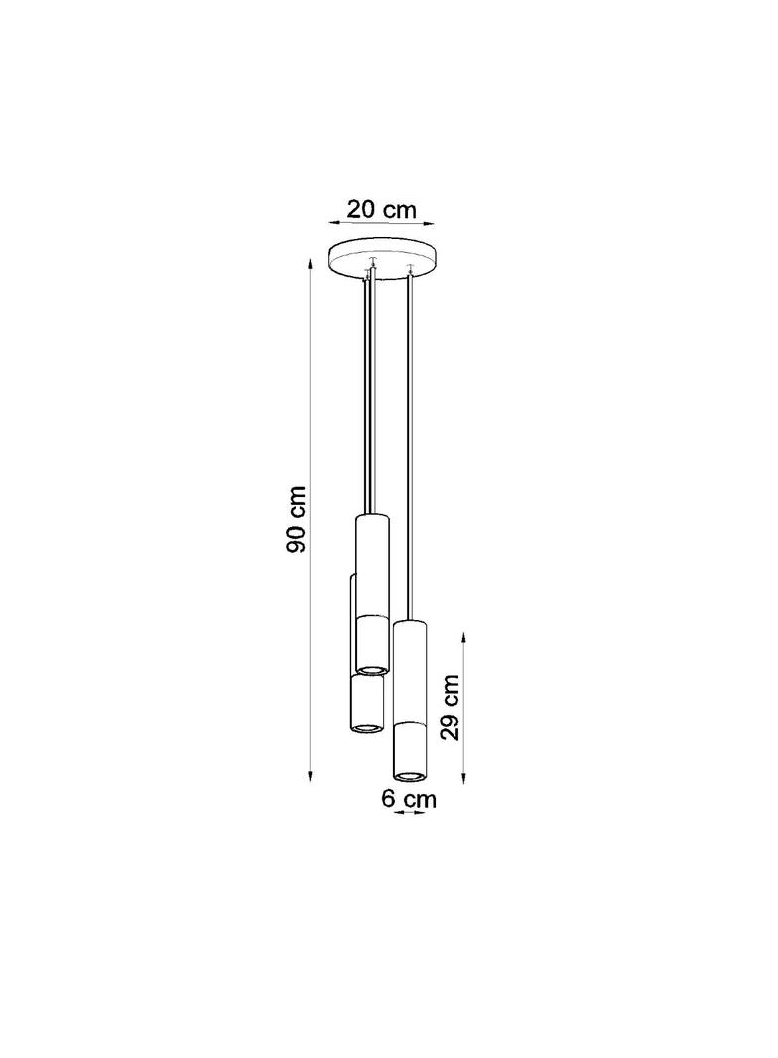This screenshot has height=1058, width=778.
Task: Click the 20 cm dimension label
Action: pos(382,209)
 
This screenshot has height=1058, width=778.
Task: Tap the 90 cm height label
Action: pos(297,519)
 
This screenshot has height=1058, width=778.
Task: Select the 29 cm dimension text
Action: pos(452,707)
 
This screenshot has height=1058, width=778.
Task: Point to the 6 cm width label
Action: pos(409,798)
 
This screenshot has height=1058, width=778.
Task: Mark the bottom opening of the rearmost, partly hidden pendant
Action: pos(365,727)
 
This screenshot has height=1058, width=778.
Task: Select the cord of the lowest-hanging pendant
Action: pos(410,447)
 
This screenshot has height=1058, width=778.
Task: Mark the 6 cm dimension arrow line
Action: pos(410,813)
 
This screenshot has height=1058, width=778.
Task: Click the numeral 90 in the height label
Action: pos(297,539)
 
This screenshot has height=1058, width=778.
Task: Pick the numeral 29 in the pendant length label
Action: pos(452,724)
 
